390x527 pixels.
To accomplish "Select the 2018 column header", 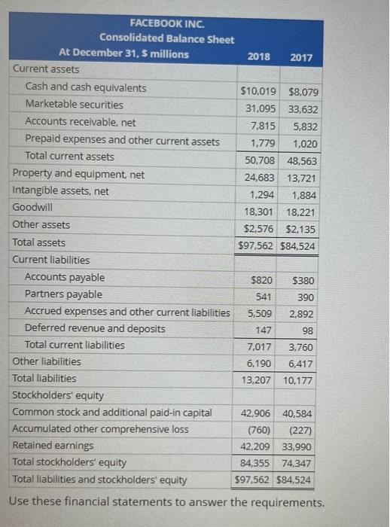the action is tap(260, 57).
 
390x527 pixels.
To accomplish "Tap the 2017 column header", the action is tap(302, 57).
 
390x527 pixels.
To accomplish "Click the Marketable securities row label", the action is tap(75, 105).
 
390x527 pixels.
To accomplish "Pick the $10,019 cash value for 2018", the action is tap(258, 91).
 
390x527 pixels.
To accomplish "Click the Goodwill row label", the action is tap(33, 207).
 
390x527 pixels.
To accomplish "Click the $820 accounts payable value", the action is tap(262, 281).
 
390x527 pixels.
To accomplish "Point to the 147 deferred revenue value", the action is tap(264, 330).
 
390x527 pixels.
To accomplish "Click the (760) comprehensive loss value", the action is tap(260, 431).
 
